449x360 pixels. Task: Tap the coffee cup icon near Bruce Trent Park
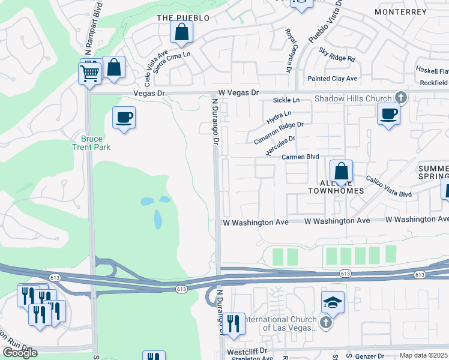pos(124,117)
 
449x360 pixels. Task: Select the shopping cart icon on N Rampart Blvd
pos(89,74)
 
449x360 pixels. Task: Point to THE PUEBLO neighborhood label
pos(183,18)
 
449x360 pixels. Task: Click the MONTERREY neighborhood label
pos(399,11)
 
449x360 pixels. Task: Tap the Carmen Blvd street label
pos(300,157)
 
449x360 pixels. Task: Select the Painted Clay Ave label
pos(332,79)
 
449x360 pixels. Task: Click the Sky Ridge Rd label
pos(337,56)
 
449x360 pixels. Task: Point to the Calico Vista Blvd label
pos(388,186)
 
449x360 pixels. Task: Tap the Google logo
pos(20,352)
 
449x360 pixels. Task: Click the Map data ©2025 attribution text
pos(423,355)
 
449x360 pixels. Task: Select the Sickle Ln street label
pos(286,100)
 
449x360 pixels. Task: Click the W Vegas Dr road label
pos(238,92)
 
